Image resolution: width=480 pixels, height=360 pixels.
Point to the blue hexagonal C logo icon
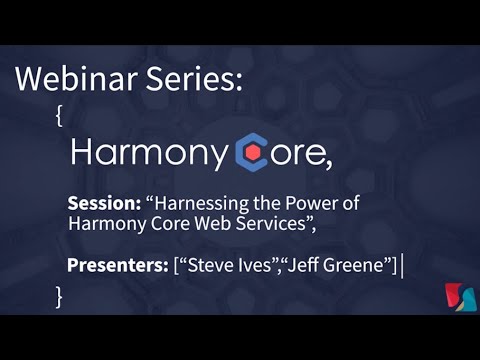(x=253, y=153)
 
